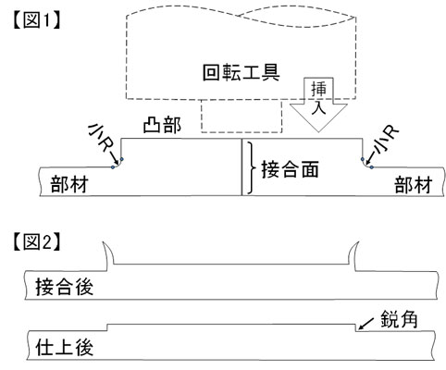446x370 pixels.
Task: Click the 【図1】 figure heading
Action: click(36, 20)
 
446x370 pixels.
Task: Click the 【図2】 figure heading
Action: click(36, 241)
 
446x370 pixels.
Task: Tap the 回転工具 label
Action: click(242, 72)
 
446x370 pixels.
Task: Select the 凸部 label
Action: click(162, 126)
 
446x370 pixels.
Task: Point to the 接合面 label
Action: click(290, 169)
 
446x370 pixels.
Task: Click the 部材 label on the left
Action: click(69, 184)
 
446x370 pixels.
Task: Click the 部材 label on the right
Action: click(414, 185)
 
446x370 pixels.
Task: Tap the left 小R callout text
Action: click(99, 139)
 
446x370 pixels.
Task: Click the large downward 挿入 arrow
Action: click(318, 105)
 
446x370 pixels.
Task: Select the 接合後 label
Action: click(64, 287)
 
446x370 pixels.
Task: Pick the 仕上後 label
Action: click(64, 347)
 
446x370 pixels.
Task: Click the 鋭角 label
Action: click(399, 319)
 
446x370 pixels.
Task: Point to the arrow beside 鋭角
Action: click(365, 324)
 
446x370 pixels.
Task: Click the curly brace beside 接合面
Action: click(252, 168)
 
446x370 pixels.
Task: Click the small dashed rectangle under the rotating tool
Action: click(242, 116)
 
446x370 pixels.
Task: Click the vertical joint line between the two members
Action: click(242, 166)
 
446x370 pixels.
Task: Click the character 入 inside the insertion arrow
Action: click(318, 109)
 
